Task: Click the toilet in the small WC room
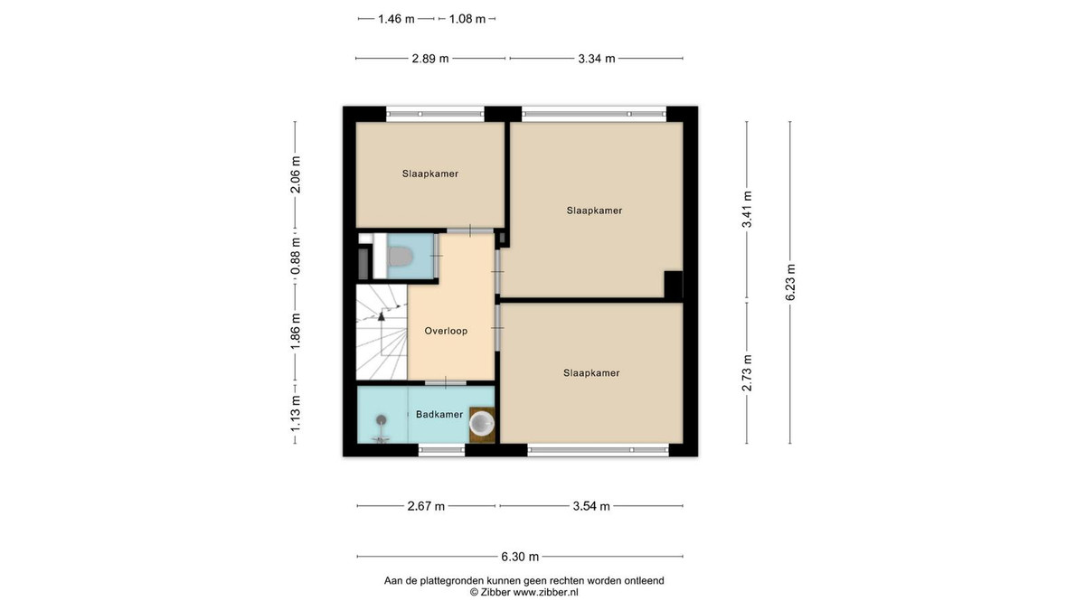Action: pyautogui.click(x=400, y=257)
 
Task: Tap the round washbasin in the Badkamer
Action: pyautogui.click(x=482, y=424)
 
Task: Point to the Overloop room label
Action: pyautogui.click(x=446, y=331)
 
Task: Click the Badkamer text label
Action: pyautogui.click(x=439, y=415)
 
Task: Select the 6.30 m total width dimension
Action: pyautogui.click(x=520, y=557)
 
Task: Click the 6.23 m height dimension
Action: pyautogui.click(x=790, y=282)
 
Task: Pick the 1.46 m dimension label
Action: pyautogui.click(x=396, y=19)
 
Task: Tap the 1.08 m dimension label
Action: pyautogui.click(x=467, y=19)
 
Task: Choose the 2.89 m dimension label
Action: pyautogui.click(x=430, y=59)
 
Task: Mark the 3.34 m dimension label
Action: pyautogui.click(x=596, y=59)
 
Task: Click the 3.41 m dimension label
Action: pyautogui.click(x=747, y=209)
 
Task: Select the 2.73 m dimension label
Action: pyautogui.click(x=747, y=372)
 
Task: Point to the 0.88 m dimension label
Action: pyautogui.click(x=295, y=256)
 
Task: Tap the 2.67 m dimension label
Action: pyautogui.click(x=426, y=506)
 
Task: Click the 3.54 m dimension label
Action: pyautogui.click(x=591, y=506)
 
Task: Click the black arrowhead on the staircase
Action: pyautogui.click(x=382, y=316)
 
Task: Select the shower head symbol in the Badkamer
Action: pyautogui.click(x=382, y=419)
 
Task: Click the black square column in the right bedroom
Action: pyautogui.click(x=674, y=284)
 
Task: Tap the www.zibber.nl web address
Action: pyautogui.click(x=545, y=592)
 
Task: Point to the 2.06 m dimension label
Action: pyautogui.click(x=295, y=174)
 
